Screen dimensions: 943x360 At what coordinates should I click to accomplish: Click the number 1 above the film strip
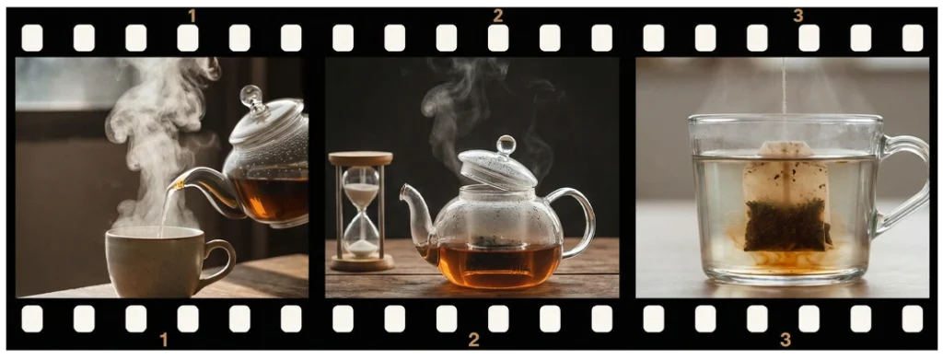pos(192,17)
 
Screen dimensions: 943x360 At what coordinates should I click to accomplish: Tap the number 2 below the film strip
pos(474,340)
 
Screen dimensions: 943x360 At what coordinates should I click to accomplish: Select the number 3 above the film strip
pos(798,17)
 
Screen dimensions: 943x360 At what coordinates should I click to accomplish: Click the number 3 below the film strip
pos(786,340)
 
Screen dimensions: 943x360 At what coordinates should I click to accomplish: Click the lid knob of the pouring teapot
pos(251,96)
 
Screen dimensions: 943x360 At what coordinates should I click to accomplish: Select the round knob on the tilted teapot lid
pos(506,145)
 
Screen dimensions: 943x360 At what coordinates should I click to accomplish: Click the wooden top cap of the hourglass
pos(360,158)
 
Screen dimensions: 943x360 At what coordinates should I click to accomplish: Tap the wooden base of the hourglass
pos(361,262)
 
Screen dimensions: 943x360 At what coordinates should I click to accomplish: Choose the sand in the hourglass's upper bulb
pos(361,193)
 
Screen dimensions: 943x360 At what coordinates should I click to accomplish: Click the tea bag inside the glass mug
pos(786,197)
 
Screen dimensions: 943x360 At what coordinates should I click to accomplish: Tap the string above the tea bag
pos(784,99)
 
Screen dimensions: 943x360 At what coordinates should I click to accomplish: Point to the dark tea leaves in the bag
pos(786,226)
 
